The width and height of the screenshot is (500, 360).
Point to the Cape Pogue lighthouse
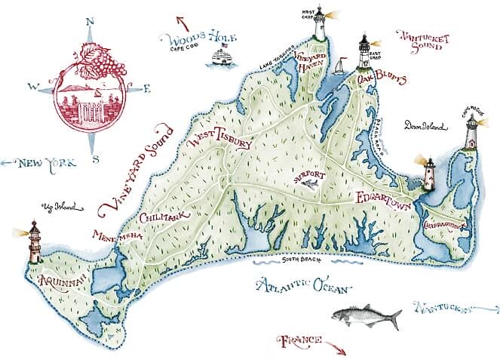click(471, 133)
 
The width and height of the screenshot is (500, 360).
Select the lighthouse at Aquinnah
click(35, 243)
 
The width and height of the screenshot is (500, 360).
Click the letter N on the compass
click(90, 23)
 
